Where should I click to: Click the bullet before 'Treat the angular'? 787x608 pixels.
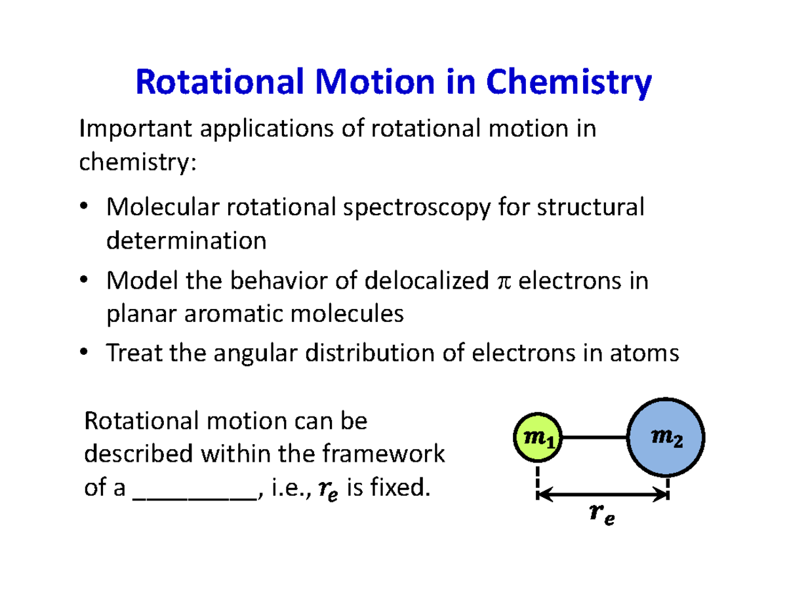(85, 354)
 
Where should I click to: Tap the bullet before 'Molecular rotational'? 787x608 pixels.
(85, 208)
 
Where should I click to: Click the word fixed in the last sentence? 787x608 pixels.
(395, 488)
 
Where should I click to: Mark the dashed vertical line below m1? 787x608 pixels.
(537, 479)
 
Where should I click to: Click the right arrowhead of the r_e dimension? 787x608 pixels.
(661, 497)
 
